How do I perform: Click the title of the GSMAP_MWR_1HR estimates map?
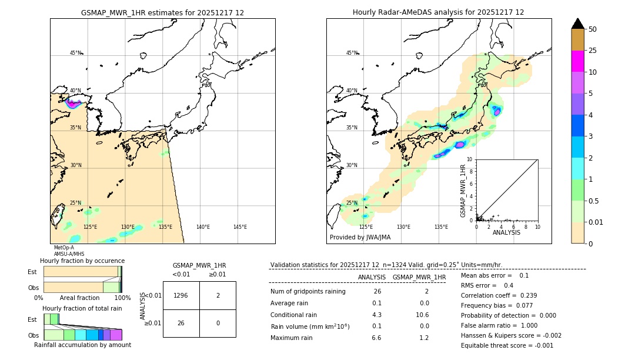click(x=162, y=12)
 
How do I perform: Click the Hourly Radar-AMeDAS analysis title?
click(x=438, y=12)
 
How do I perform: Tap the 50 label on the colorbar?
click(x=593, y=29)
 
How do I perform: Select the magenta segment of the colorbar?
click(x=577, y=61)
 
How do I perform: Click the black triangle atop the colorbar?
click(x=577, y=24)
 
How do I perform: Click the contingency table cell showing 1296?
click(x=181, y=296)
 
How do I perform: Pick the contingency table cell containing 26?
click(x=181, y=323)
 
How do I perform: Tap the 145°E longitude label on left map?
click(x=240, y=227)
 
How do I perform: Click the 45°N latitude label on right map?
click(x=352, y=53)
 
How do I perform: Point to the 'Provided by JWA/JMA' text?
click(x=360, y=238)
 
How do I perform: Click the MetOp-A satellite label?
click(x=63, y=248)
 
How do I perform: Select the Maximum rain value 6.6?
click(x=377, y=338)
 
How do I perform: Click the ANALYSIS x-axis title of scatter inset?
click(x=506, y=232)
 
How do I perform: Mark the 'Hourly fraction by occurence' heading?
click(x=82, y=261)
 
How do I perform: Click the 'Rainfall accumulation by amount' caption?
click(x=82, y=345)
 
